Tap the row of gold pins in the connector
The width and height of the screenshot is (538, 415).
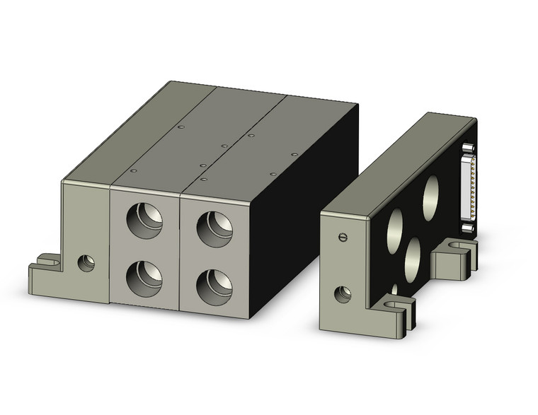pos(468,187)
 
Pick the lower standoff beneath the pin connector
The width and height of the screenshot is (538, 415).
pos(468,227)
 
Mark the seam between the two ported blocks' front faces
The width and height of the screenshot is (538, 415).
pos(181,251)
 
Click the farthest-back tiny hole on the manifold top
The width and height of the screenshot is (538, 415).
pos(181,127)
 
